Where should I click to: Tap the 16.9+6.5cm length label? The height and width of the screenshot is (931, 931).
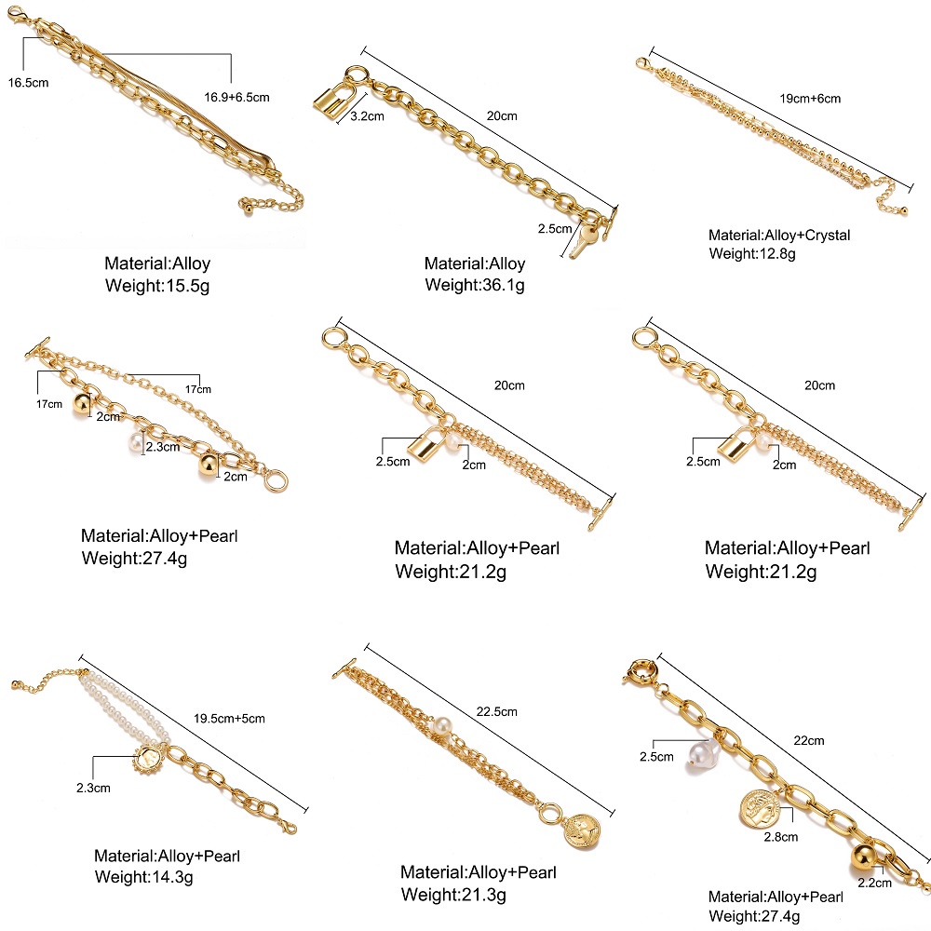click(x=236, y=95)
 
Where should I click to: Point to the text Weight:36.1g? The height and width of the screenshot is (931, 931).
click(x=475, y=285)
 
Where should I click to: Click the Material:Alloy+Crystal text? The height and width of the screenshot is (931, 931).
click(x=779, y=235)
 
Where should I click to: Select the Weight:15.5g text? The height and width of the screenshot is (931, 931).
click(x=155, y=285)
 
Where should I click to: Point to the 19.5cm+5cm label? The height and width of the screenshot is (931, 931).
click(x=230, y=718)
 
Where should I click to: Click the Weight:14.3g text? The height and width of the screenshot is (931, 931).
click(x=144, y=876)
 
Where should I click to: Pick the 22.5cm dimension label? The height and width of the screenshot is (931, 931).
click(x=495, y=712)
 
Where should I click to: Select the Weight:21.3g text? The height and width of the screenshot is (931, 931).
click(x=453, y=896)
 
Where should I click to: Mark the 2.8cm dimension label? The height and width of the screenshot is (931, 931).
click(x=780, y=837)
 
